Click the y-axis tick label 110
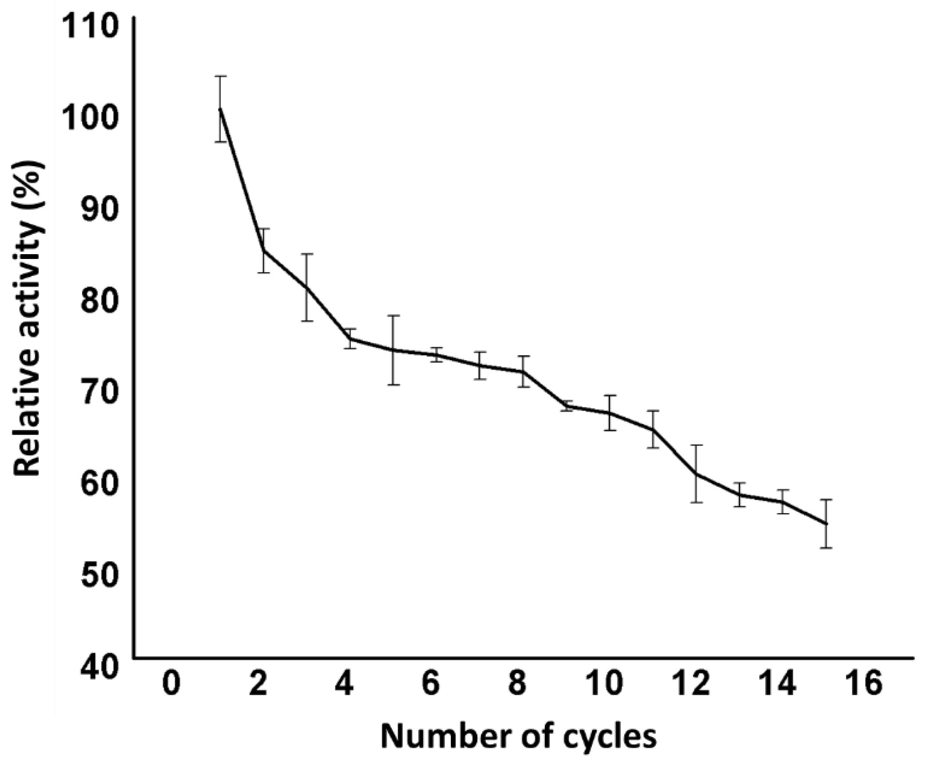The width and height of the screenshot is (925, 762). coord(91,28)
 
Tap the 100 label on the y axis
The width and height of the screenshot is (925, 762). coord(91,121)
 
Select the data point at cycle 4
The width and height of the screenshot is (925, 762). coord(350,339)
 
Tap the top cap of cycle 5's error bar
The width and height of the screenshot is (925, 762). coord(394,316)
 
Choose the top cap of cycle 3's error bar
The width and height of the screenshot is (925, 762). coord(307,254)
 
